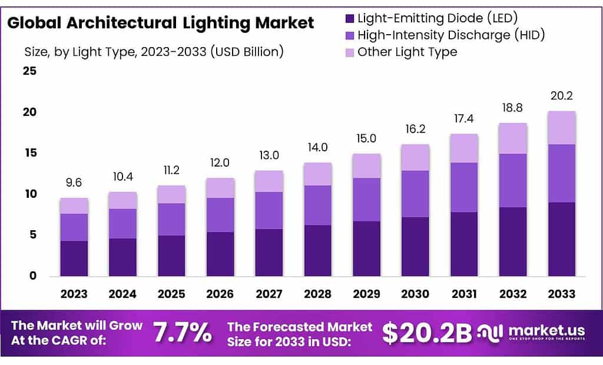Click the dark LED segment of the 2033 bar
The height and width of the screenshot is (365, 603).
click(x=561, y=239)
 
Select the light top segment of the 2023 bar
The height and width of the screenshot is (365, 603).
click(x=74, y=205)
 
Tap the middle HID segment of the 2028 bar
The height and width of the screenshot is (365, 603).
click(x=317, y=205)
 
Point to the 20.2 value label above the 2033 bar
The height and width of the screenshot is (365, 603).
click(x=561, y=95)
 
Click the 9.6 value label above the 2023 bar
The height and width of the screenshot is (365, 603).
click(x=74, y=183)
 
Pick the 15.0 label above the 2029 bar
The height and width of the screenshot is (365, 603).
click(x=366, y=139)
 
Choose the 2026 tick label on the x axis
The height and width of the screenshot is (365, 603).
click(x=220, y=294)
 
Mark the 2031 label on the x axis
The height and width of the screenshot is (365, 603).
click(x=463, y=294)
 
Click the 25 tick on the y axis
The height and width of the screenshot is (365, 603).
click(x=29, y=71)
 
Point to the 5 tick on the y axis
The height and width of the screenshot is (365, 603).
click(x=33, y=235)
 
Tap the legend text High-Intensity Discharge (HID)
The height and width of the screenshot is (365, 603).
click(x=451, y=35)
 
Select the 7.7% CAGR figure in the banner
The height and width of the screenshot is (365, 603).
click(x=182, y=333)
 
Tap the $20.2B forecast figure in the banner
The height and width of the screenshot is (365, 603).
click(x=427, y=333)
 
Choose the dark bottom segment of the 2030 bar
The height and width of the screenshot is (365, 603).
click(x=415, y=246)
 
